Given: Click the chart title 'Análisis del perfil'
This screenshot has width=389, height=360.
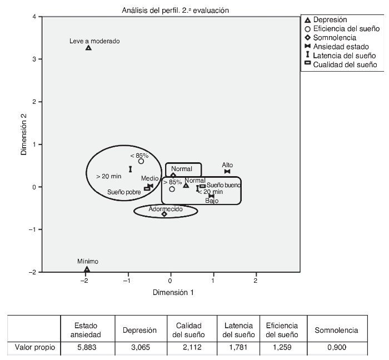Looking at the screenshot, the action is point(175,10).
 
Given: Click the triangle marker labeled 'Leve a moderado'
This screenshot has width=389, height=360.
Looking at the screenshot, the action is point(88,48).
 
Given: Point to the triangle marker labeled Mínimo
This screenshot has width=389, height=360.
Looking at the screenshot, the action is point(87,269).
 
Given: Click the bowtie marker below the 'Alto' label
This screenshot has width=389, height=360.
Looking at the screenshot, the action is point(227,172).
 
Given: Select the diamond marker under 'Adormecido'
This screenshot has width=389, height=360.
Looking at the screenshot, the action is point(164,214).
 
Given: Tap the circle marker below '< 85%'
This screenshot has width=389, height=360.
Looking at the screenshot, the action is point(141,161).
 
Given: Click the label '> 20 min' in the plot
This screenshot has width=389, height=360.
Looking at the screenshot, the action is point(108,177).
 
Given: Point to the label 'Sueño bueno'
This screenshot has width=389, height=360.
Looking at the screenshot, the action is point(223,185).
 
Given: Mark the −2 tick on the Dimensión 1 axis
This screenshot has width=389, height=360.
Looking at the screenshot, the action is point(86,281).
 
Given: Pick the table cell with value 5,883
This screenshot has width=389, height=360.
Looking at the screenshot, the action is point(87,348).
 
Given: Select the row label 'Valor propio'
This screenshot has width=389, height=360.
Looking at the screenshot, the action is point(33,348).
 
